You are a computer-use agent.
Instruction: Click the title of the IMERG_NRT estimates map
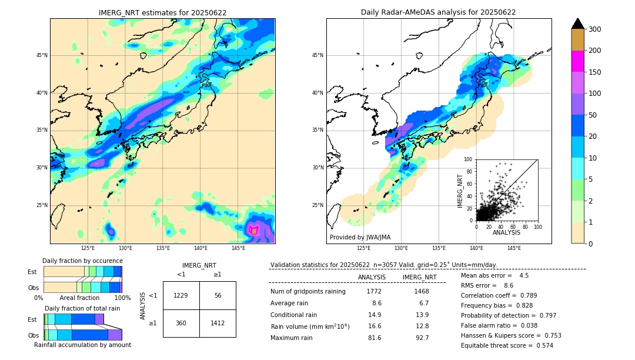(162, 12)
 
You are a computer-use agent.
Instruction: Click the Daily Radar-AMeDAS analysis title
(438, 12)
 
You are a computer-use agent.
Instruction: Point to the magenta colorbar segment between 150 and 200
(577, 61)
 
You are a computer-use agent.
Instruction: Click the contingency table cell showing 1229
(181, 295)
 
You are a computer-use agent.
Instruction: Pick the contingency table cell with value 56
(218, 295)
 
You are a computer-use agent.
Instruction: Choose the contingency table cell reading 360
(181, 323)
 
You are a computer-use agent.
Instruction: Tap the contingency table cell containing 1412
(218, 323)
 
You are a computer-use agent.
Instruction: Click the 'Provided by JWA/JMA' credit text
(360, 238)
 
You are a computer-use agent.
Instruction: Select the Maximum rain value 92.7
(422, 338)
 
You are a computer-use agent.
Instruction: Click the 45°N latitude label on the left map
(42, 55)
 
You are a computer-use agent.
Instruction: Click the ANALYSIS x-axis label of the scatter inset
(506, 233)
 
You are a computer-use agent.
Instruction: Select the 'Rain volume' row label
(310, 326)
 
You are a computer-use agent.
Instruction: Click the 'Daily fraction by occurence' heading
(82, 261)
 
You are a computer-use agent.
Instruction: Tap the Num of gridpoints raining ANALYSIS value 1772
(374, 291)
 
